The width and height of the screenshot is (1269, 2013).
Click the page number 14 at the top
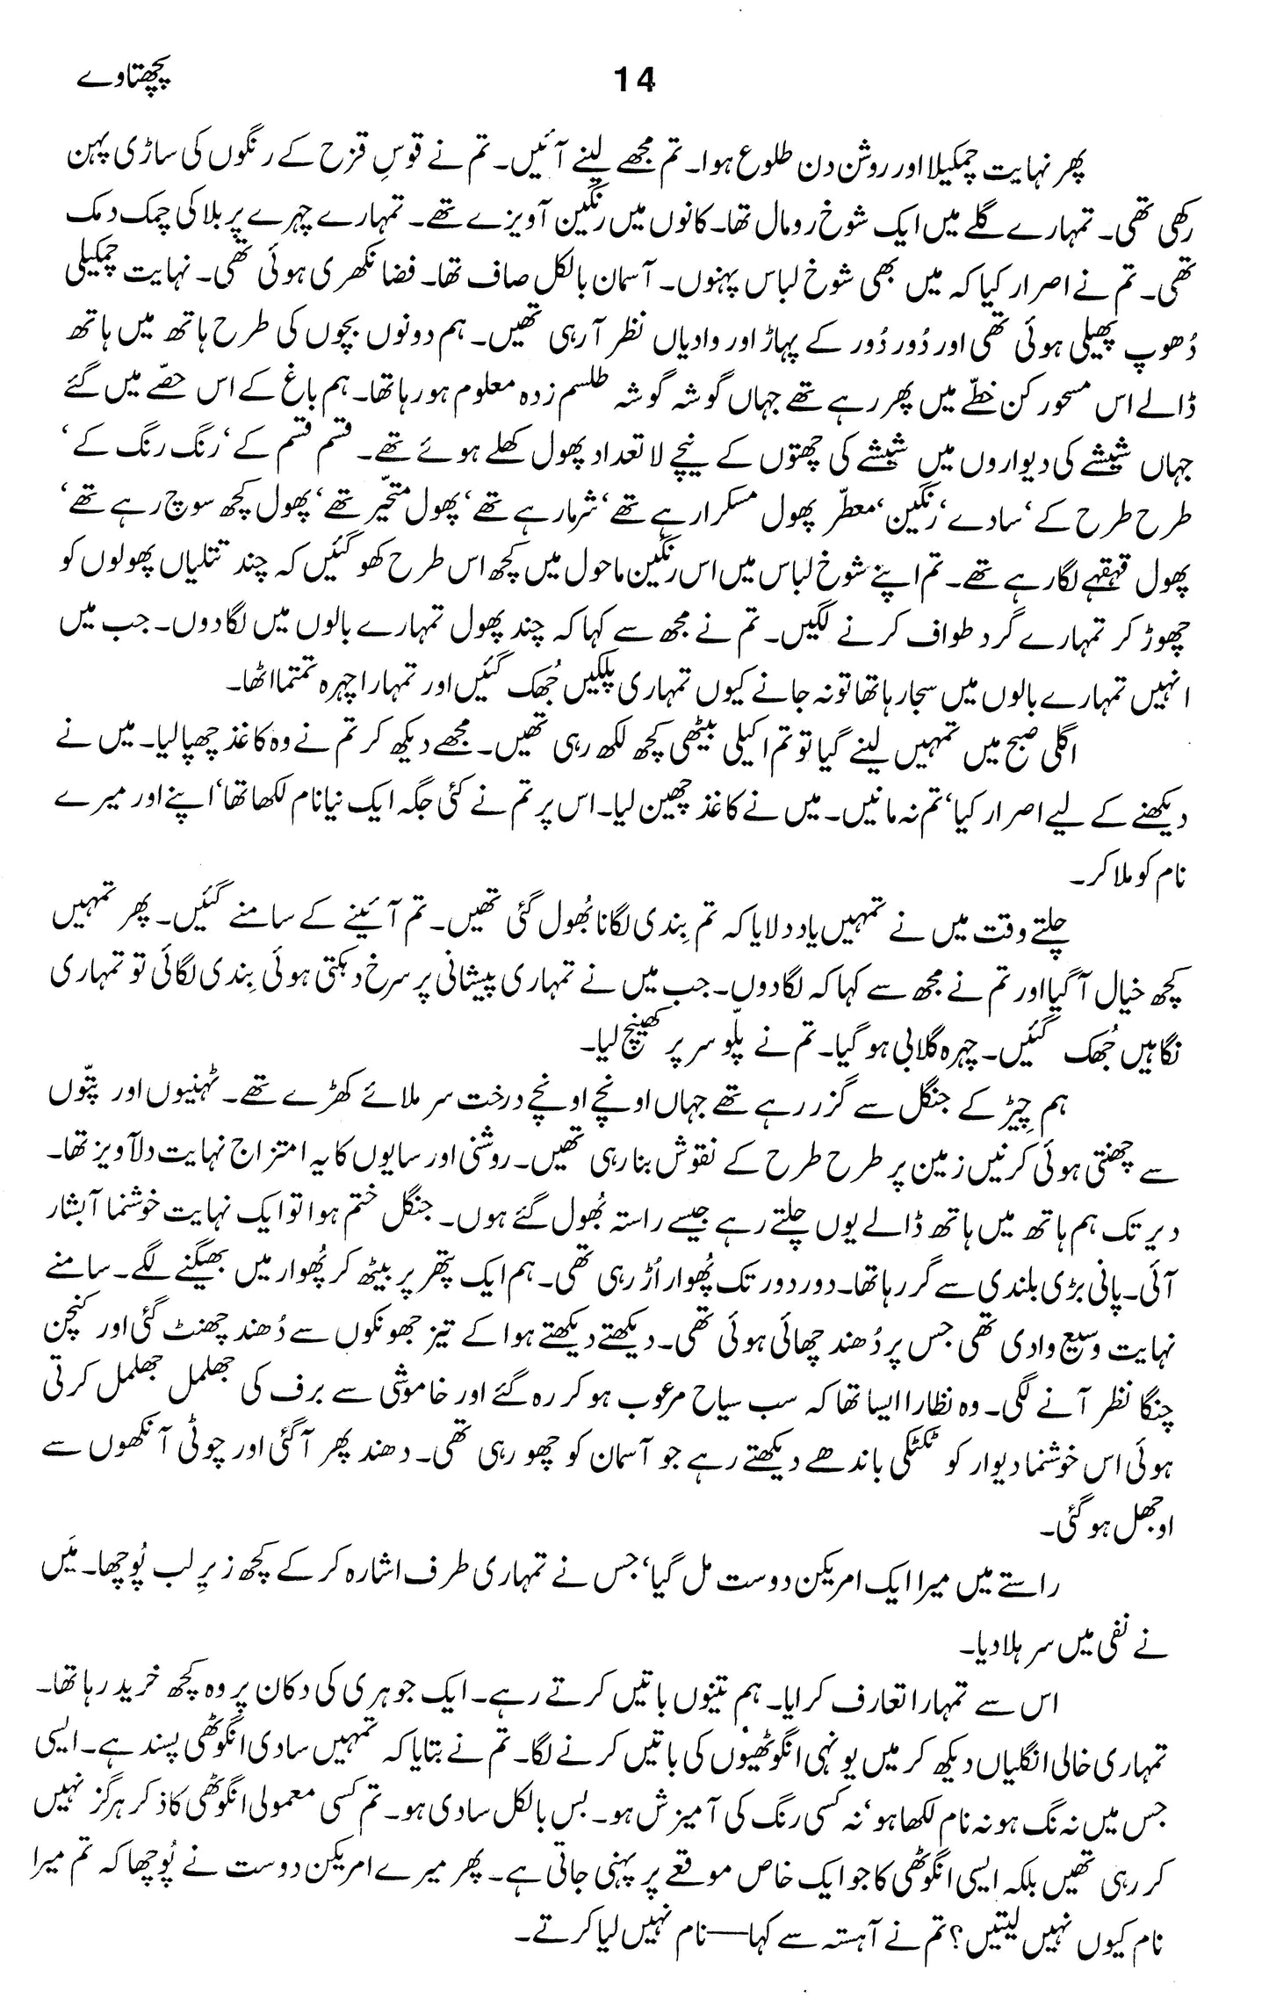(634, 82)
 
